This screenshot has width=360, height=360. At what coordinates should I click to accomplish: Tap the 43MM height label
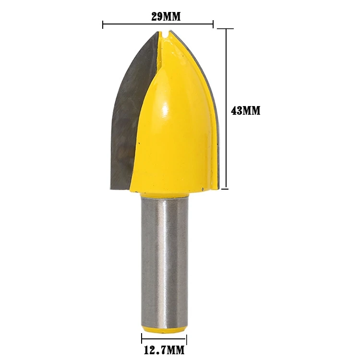click(x=245, y=110)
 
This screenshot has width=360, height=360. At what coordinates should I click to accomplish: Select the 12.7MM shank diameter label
click(x=164, y=350)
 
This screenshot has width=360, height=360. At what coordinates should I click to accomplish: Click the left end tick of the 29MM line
click(x=103, y=24)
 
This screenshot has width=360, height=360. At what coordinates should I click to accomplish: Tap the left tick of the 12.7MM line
click(x=142, y=339)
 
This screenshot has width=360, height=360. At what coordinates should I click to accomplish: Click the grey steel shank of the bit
click(x=164, y=259)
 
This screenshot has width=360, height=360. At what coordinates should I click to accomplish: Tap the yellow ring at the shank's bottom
click(x=164, y=329)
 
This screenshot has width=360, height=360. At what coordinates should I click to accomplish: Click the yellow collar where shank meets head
click(x=164, y=193)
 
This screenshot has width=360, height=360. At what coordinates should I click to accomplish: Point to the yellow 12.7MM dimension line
click(x=164, y=339)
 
